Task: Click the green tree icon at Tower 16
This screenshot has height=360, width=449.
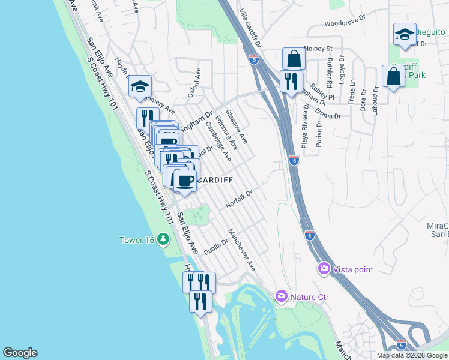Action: coord(163,240)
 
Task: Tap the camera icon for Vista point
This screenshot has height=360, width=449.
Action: coord(324,269)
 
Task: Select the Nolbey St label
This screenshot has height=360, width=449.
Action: coord(318,48)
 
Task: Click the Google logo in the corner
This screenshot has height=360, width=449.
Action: coord(20,353)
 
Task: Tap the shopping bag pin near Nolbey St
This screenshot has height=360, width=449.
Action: coord(294,59)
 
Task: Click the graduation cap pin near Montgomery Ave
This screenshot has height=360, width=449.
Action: coord(140,87)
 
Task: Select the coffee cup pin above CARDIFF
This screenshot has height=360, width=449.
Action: coord(185,180)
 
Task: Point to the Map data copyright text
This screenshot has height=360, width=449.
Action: coord(412,355)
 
